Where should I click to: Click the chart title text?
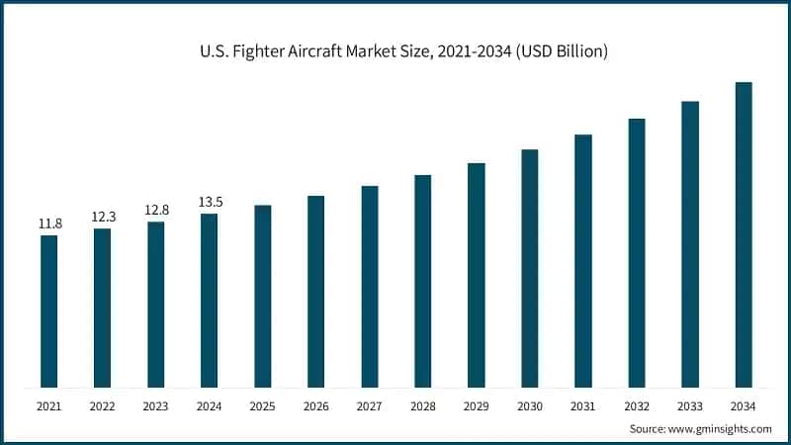(395, 50)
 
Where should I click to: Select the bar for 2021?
(49, 311)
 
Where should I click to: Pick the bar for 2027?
(370, 286)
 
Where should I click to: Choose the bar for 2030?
(530, 268)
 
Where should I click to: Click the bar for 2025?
(263, 296)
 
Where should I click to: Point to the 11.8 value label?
(49, 224)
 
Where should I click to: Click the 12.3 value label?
(103, 218)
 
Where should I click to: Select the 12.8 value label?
(156, 211)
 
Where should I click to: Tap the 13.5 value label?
(210, 203)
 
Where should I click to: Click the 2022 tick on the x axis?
(103, 406)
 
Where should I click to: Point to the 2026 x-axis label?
(316, 406)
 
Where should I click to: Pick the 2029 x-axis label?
(477, 406)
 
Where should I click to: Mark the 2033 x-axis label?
(690, 406)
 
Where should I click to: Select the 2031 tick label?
(583, 406)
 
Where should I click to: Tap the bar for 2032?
(637, 252)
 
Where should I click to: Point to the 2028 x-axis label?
(423, 406)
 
